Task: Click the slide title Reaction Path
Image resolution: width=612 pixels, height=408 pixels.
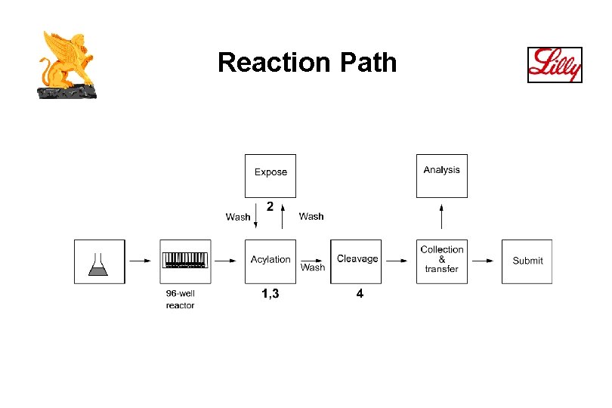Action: (307, 63)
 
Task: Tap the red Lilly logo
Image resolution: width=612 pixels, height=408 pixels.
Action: (555, 64)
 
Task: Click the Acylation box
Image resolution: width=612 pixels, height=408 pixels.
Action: (270, 261)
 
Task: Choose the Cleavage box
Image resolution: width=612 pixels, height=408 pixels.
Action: (356, 261)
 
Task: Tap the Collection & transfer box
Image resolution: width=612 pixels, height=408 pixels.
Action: (441, 261)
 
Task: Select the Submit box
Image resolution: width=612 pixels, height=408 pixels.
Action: (527, 261)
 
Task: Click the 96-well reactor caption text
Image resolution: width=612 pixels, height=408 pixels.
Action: (180, 299)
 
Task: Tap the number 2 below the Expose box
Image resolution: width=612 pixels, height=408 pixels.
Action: (270, 206)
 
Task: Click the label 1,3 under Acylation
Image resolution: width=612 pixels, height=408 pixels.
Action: (270, 294)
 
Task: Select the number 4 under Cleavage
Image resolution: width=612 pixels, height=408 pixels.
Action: (360, 294)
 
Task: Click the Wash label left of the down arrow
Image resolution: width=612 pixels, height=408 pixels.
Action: (238, 217)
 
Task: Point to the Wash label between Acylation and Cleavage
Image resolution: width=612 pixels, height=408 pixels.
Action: (313, 267)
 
